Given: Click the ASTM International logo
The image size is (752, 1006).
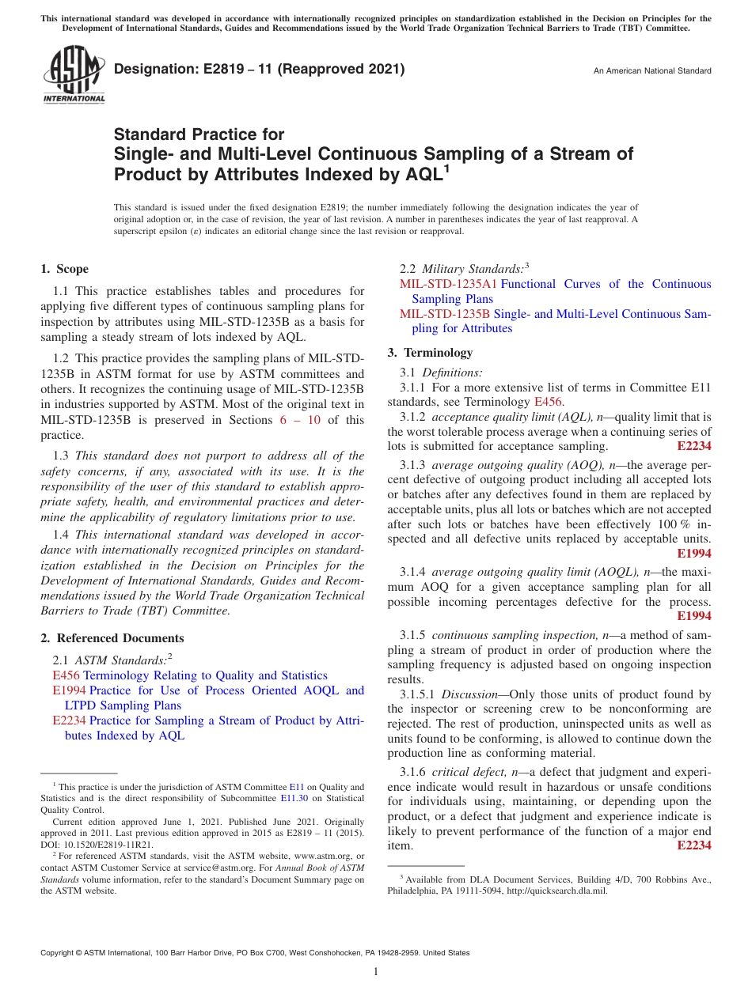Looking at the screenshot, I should pos(73,76).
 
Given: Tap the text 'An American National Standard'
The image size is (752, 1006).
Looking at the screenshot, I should pos(651,71).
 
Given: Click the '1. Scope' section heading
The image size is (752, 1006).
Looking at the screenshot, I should pos(65,269).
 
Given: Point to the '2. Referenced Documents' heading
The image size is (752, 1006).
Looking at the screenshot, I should pos(112,638).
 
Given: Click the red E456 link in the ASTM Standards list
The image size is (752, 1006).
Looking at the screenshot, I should pos(66,675).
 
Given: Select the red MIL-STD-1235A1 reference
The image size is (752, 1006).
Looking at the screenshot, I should pos(448,284).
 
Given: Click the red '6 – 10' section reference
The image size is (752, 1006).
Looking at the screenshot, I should pos(300,420).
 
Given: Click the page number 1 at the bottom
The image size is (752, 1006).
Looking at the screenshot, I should pos(376,972).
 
